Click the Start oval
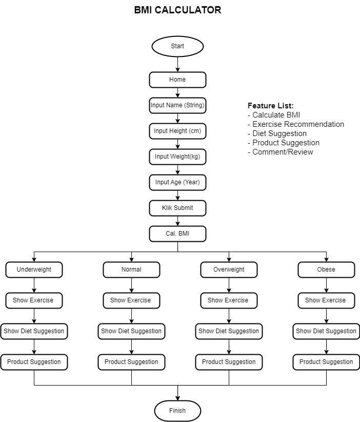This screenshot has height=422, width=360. tap(177, 46)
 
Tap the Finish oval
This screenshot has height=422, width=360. tap(177, 411)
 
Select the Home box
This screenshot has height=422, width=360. tap(177, 80)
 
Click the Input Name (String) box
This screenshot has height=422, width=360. tap(177, 105)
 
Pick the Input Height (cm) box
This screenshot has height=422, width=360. tap(177, 131)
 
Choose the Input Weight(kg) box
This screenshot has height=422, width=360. tap(177, 157)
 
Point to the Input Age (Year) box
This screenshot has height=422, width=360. tap(177, 182)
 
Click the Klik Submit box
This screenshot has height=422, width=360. tap(177, 208)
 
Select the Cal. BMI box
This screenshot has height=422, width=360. tap(177, 234)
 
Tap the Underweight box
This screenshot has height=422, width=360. tap(34, 270)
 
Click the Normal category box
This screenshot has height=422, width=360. tap(131, 270)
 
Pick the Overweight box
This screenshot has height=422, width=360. tap(229, 270)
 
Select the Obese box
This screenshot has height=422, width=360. tap(326, 270)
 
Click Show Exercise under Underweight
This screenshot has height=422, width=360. tap(34, 300)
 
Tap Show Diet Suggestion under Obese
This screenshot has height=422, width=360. tap(326, 331)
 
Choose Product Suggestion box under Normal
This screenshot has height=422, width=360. tap(131, 362)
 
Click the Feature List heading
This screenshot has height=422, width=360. tap(270, 106)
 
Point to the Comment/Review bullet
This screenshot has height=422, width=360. tap(281, 152)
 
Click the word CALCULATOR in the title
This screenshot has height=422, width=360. tap(188, 10)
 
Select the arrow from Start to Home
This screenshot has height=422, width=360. tap(177, 64)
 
